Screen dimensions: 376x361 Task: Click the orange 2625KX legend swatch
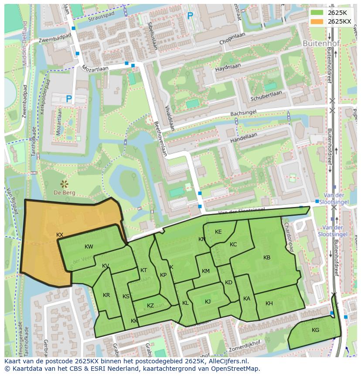coord(317,21)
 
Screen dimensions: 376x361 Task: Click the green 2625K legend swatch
coord(317,13)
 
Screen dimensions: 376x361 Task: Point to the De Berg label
coord(65,193)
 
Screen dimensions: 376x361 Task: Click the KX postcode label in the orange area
coord(60,235)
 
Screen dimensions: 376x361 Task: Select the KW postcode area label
coord(89,247)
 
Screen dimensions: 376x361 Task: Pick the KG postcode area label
coord(315,330)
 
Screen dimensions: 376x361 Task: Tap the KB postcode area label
coord(267,258)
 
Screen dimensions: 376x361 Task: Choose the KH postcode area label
coord(269,304)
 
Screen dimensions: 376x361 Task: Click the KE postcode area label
coord(218,232)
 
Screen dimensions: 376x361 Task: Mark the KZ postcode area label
coord(150,306)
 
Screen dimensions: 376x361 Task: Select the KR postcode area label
coord(106,295)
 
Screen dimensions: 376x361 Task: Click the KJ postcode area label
coord(208,302)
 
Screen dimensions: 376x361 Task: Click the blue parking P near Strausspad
coord(190,16)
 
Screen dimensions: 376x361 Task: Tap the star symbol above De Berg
coord(65,183)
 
